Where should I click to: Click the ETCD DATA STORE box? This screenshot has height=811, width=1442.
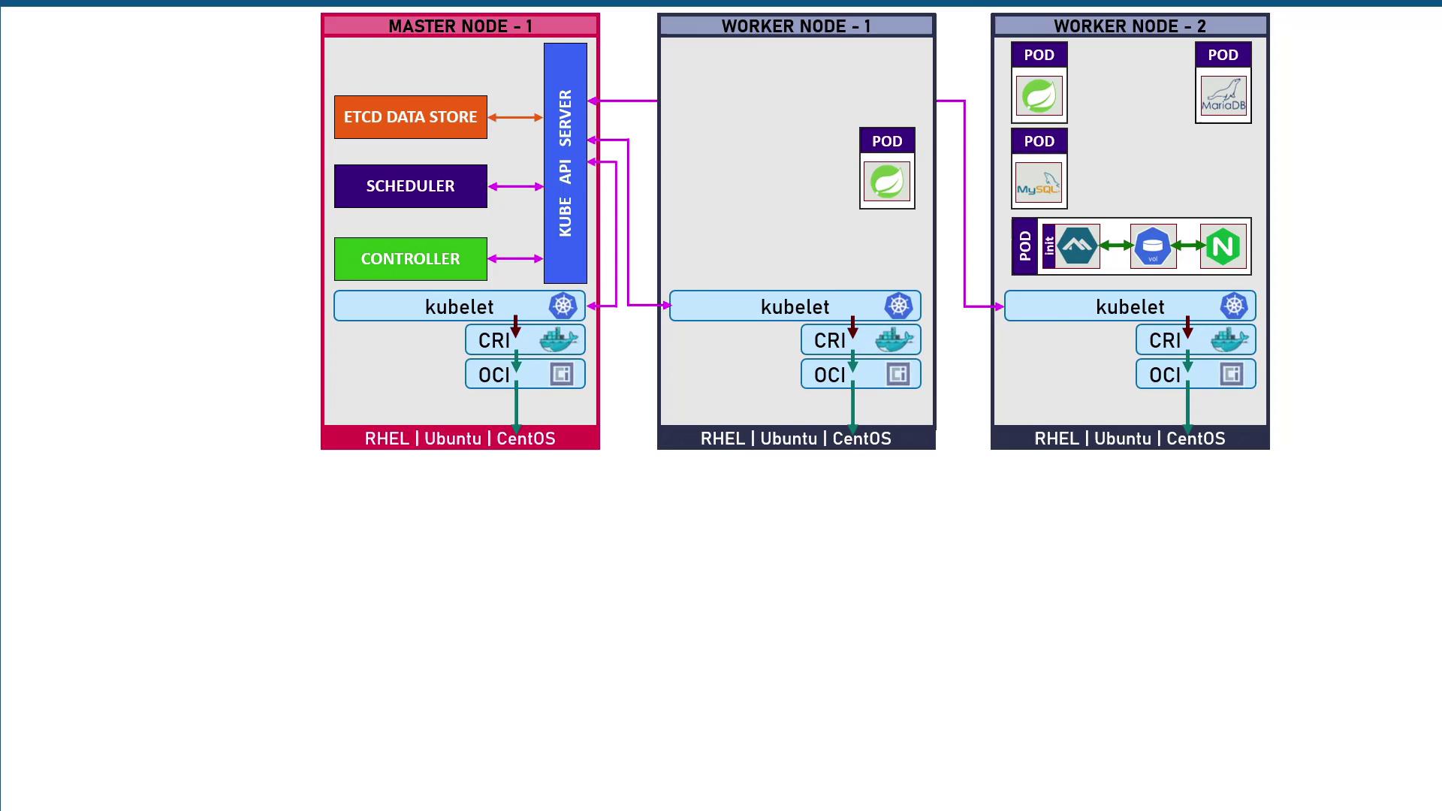[410, 117]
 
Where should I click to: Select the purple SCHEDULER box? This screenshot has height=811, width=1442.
[410, 186]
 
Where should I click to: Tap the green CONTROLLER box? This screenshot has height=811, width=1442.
[410, 259]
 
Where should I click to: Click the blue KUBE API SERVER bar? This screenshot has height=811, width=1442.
[565, 163]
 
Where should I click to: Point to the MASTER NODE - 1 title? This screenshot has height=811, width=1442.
[460, 26]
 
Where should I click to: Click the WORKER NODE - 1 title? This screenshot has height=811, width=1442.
[796, 26]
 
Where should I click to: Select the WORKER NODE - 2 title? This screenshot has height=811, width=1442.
[1130, 26]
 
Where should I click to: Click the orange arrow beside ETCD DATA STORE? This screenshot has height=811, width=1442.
[515, 117]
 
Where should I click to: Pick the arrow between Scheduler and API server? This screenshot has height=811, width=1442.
[515, 186]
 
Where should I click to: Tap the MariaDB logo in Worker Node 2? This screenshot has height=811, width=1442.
[1223, 95]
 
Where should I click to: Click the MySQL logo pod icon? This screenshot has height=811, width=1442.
[1039, 182]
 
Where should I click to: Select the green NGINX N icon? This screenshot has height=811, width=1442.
[1223, 246]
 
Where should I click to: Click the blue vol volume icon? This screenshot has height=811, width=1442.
[1153, 246]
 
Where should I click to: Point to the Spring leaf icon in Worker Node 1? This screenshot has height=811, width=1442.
[887, 182]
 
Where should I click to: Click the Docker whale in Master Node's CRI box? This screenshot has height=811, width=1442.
[559, 340]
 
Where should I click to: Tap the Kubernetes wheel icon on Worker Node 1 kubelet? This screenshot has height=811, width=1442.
[898, 306]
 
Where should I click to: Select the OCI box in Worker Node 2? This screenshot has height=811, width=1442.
[1195, 374]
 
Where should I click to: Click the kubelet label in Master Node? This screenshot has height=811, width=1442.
[459, 306]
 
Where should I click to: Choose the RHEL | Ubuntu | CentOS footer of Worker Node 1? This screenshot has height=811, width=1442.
[796, 439]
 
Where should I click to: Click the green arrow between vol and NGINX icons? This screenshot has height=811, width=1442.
[1188, 246]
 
